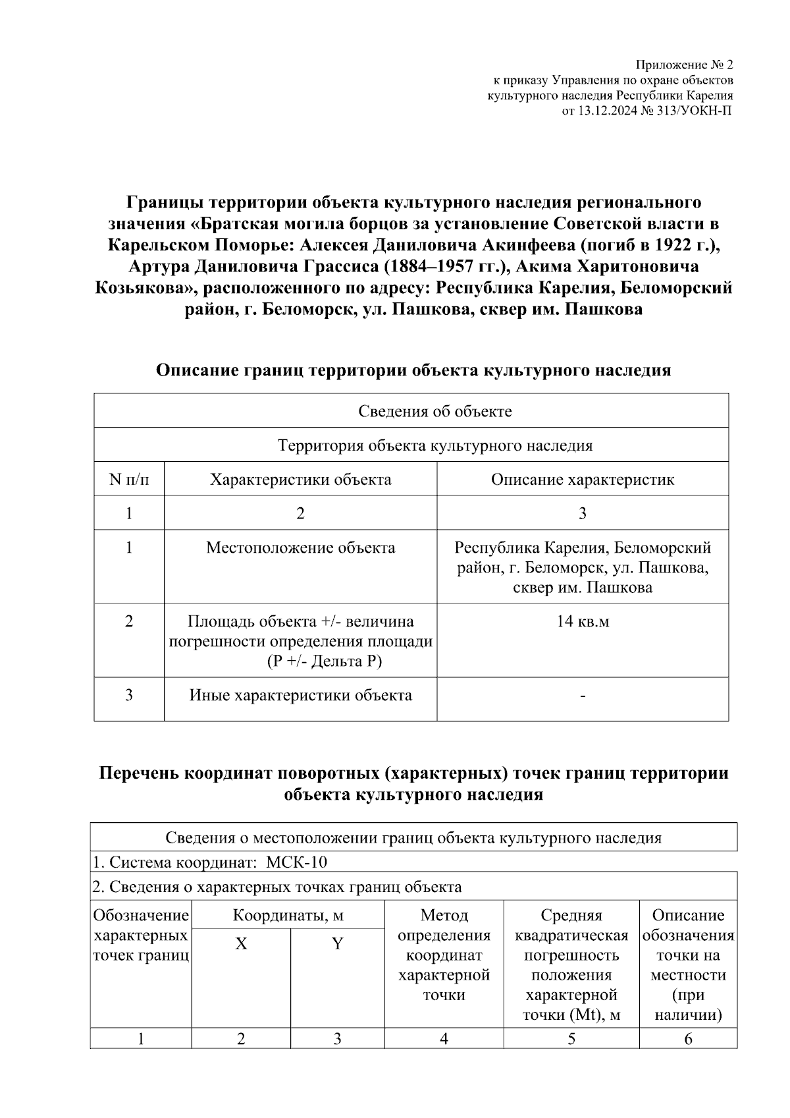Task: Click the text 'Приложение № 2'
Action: tap(683, 65)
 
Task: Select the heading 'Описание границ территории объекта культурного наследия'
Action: tap(413, 370)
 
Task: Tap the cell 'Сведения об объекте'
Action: tap(434, 412)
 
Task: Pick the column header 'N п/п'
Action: tap(129, 479)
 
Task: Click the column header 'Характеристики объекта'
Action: tap(300, 479)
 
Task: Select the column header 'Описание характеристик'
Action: tap(582, 479)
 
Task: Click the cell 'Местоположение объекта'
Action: tap(300, 548)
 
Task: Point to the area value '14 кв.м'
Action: tap(582, 621)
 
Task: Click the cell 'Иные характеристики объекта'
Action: tap(300, 695)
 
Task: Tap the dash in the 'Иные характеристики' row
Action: tap(582, 696)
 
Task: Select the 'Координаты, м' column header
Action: tap(288, 915)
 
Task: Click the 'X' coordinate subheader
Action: tap(241, 944)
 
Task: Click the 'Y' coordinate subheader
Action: tap(337, 944)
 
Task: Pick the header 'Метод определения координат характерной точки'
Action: tap(444, 955)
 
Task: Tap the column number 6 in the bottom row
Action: tap(688, 1039)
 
